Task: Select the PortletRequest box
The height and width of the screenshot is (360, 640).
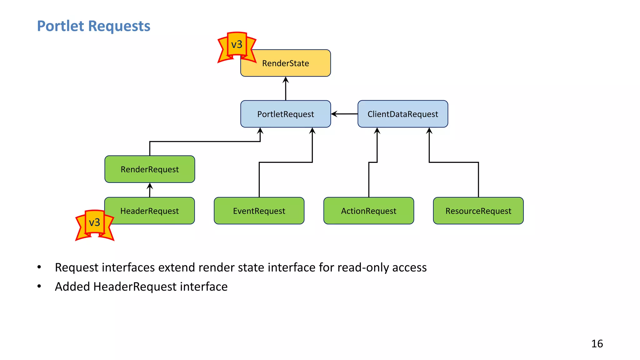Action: tap(285, 114)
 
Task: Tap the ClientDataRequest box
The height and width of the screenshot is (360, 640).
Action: tap(402, 114)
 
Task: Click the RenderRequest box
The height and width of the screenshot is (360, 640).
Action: tap(150, 169)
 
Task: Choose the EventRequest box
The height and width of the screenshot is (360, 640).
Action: tap(259, 211)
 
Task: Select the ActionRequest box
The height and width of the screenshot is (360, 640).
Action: tap(368, 211)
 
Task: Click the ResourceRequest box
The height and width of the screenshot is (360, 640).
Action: tap(478, 211)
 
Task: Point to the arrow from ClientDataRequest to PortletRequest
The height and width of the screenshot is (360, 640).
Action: tap(344, 114)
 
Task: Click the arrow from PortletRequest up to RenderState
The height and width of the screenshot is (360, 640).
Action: tap(285, 89)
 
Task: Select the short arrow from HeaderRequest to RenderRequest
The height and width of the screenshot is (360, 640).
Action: tap(150, 190)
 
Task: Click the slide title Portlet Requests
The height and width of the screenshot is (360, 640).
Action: tap(93, 26)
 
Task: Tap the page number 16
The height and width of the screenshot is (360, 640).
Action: tap(597, 344)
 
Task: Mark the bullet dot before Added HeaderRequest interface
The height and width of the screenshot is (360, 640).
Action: tap(39, 286)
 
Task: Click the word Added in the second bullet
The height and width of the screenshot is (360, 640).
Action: tap(72, 287)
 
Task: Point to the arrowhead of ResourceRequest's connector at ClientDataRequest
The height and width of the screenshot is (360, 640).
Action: tap(429, 131)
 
